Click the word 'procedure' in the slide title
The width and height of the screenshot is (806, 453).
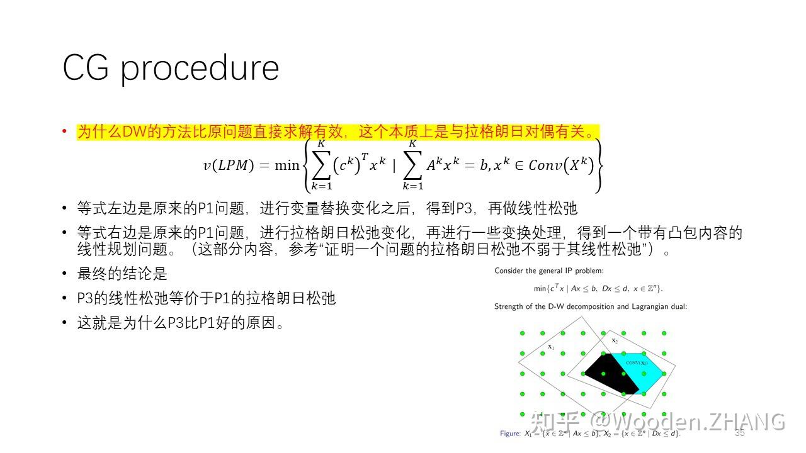click(200, 68)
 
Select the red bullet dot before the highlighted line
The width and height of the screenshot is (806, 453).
click(64, 131)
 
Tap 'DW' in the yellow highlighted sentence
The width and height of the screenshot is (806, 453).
click(134, 132)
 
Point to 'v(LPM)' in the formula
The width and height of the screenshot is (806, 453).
click(228, 165)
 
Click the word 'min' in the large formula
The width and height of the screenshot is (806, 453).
click(287, 165)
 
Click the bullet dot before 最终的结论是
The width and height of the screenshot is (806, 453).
click(64, 274)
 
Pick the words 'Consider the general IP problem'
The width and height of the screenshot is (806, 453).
click(548, 271)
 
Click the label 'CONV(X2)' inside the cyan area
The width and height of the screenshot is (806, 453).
click(637, 363)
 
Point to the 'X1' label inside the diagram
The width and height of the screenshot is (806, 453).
click(550, 347)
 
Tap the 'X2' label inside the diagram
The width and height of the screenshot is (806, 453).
click(615, 340)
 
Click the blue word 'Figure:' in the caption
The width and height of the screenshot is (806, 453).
click(510, 433)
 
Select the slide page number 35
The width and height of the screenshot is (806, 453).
click(739, 433)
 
